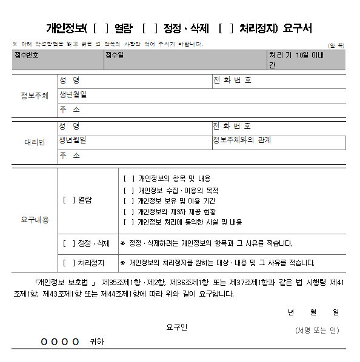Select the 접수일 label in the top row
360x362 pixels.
[115, 55]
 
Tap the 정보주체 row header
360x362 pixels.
[34, 96]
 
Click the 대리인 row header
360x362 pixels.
[34, 142]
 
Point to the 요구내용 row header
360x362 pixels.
[34, 220]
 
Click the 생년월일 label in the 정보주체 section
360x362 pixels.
[73, 95]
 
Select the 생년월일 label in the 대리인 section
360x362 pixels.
[73, 140]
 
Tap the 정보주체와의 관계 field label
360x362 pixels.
[241, 140]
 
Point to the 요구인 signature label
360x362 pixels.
[177, 327]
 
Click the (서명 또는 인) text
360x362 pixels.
[317, 331]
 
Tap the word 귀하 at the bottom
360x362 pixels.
[96, 342]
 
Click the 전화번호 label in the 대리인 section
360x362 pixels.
[232, 126]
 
